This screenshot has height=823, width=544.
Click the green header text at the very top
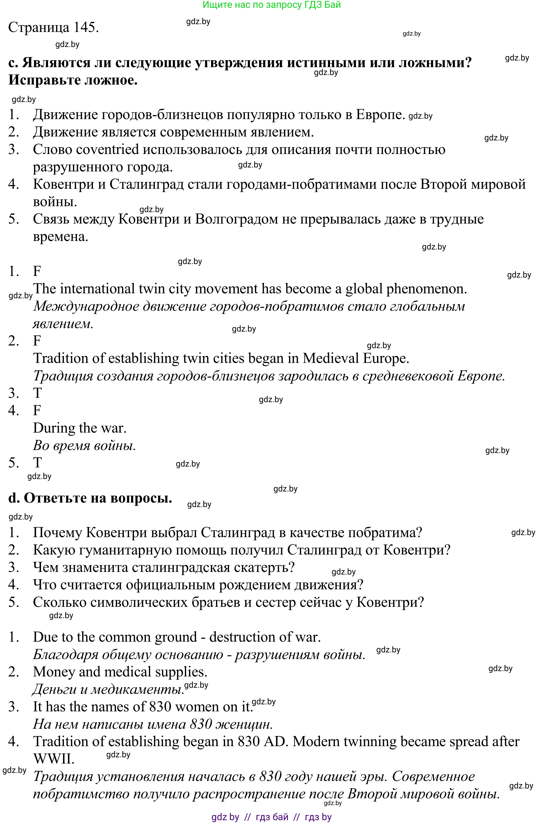point(271,5)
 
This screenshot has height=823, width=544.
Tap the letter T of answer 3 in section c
point(37,393)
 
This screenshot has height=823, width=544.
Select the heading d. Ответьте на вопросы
point(90,498)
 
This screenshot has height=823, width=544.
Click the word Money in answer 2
point(54,672)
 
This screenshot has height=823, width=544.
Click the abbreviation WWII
point(54,759)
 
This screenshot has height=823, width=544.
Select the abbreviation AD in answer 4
point(274,742)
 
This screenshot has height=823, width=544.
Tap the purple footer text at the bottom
point(271,817)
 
